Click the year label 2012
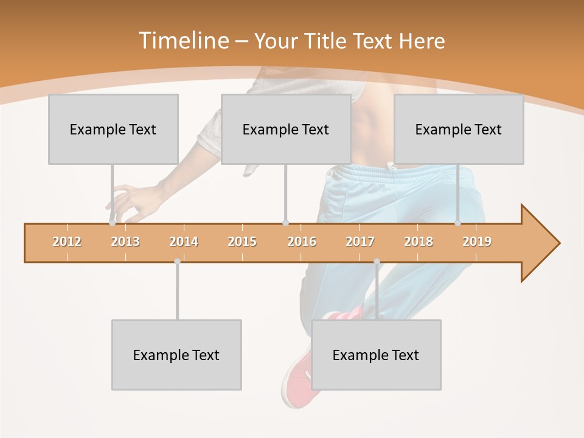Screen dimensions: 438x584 tap(67, 242)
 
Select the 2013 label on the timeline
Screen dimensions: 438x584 tap(125, 242)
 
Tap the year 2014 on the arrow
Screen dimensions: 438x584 tap(184, 242)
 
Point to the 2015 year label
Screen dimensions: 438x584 tap(242, 242)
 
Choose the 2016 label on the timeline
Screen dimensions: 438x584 tap(302, 242)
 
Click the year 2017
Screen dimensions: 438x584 tap(360, 242)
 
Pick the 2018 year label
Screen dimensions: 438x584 tap(419, 242)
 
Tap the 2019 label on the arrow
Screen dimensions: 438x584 tap(477, 242)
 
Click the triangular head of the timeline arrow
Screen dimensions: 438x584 tap(538, 243)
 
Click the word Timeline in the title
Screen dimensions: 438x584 tap(182, 41)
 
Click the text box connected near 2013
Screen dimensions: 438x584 tap(113, 129)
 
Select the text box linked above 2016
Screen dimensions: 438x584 tap(286, 129)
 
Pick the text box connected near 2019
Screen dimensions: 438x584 tap(459, 129)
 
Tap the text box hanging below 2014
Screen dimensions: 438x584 tap(176, 355)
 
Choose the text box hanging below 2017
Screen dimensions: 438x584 tap(376, 355)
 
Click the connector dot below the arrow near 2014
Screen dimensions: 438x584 tap(177, 262)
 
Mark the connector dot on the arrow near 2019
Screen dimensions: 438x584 tap(457, 223)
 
